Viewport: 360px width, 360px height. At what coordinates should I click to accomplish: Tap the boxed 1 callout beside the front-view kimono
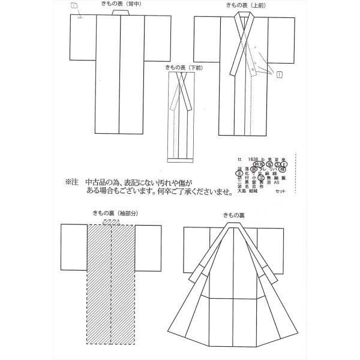coord(280,74)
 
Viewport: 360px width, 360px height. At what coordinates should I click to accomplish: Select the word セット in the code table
coord(281,191)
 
